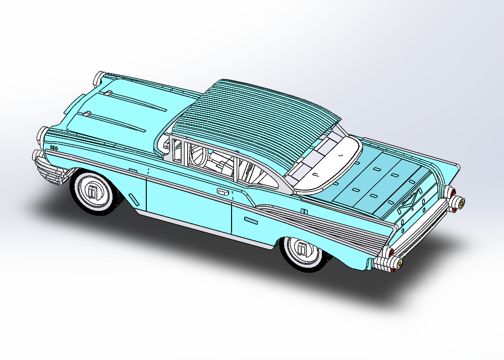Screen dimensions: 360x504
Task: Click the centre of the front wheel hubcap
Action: [x=93, y=192]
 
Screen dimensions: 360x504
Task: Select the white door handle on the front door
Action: [x=222, y=192]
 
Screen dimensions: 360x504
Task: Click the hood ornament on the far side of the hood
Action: [x=107, y=93]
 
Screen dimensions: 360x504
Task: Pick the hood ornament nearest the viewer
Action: [x=87, y=114]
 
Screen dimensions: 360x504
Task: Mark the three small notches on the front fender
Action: [x=53, y=148]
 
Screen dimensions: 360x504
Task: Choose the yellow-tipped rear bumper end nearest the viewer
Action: [x=396, y=263]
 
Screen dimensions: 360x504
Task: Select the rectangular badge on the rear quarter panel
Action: [x=251, y=220]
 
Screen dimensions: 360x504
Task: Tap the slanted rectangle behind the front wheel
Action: [x=133, y=198]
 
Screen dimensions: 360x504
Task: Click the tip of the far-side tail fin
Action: [x=458, y=167]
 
